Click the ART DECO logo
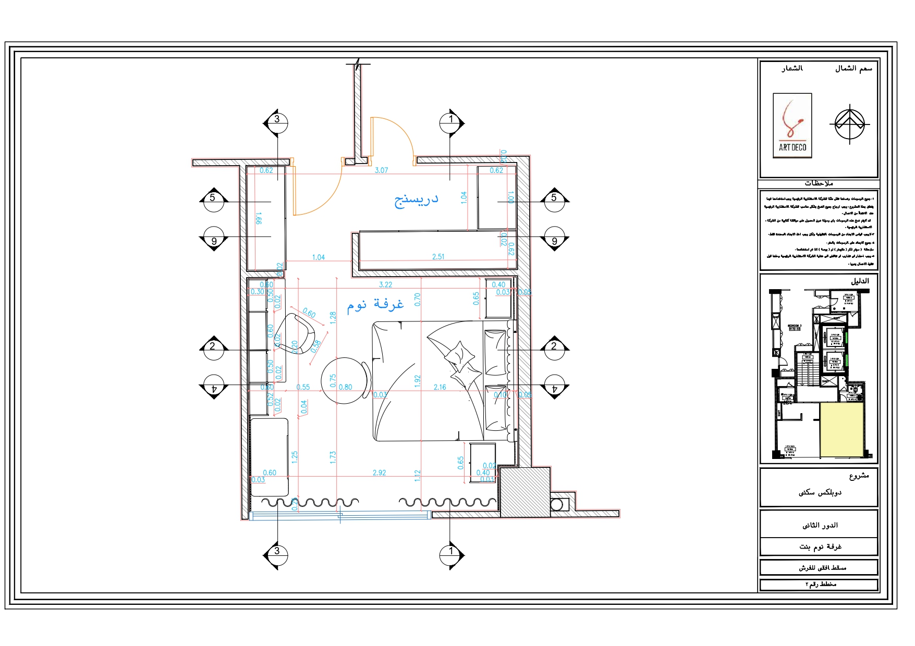point(792,126)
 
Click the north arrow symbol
point(849,124)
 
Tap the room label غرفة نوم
point(375,304)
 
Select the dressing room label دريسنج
point(416,200)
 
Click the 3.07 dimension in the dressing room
point(382,170)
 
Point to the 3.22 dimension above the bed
point(385,284)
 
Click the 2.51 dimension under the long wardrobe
point(438,256)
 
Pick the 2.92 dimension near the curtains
point(379,473)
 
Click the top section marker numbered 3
point(277,120)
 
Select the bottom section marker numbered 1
point(451,551)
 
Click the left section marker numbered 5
point(213,198)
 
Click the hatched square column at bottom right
point(525,492)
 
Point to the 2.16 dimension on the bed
point(440,387)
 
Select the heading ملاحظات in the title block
point(819,183)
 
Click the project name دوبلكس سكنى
point(820,492)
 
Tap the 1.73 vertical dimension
point(333,457)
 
